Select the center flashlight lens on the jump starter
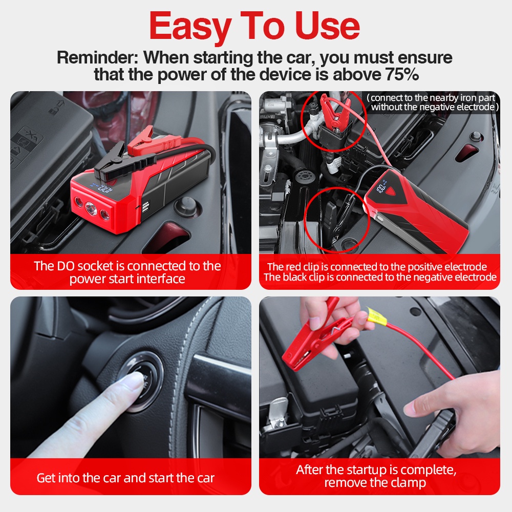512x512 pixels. pyautogui.click(x=91, y=208)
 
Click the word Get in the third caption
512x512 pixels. pyautogui.click(x=46, y=478)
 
